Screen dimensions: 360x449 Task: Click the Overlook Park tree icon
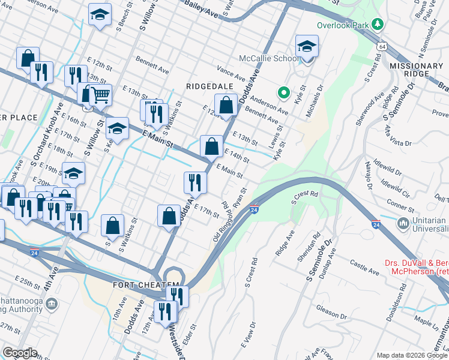(x=378, y=25)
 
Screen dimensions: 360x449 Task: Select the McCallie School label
(x=269, y=58)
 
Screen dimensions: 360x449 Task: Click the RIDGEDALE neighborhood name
(x=209, y=86)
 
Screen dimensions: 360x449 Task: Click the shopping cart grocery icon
(x=101, y=94)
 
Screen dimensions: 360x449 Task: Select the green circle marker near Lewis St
(x=283, y=92)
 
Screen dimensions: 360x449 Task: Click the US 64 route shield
(x=382, y=46)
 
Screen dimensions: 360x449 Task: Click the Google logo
(x=20, y=352)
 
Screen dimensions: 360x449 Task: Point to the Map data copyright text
(x=415, y=355)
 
